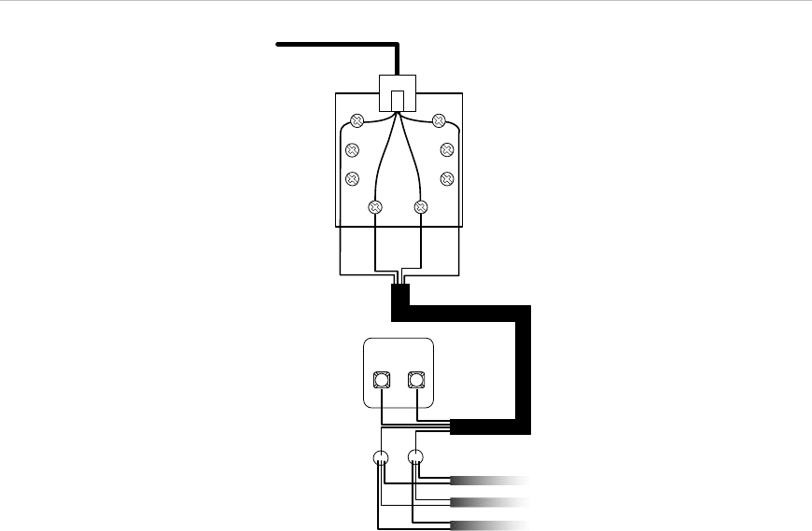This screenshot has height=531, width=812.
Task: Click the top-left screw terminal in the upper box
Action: coord(357,120)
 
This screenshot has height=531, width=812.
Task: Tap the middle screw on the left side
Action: coord(352,149)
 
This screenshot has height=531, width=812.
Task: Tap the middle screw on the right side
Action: coord(446,149)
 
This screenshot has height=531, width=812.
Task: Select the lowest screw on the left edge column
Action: coord(352,178)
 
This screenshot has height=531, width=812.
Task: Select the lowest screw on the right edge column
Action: coord(446,178)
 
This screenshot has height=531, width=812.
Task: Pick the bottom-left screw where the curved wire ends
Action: coord(375,207)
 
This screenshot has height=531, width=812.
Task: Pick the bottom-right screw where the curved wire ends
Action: coord(420,207)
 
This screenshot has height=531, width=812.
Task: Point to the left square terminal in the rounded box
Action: coord(381,380)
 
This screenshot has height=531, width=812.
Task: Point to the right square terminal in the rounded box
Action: coord(416,380)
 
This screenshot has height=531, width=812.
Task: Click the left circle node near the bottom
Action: coord(381,458)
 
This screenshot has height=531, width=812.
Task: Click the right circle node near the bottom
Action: coord(416,458)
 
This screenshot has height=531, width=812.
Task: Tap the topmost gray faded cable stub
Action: coord(490,481)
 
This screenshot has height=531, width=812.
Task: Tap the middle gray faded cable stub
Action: coord(490,502)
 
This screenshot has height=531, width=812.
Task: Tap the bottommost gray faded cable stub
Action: coord(490,523)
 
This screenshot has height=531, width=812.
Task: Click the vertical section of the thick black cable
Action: coord(523,364)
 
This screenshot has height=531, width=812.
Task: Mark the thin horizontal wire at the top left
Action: coord(336,43)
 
